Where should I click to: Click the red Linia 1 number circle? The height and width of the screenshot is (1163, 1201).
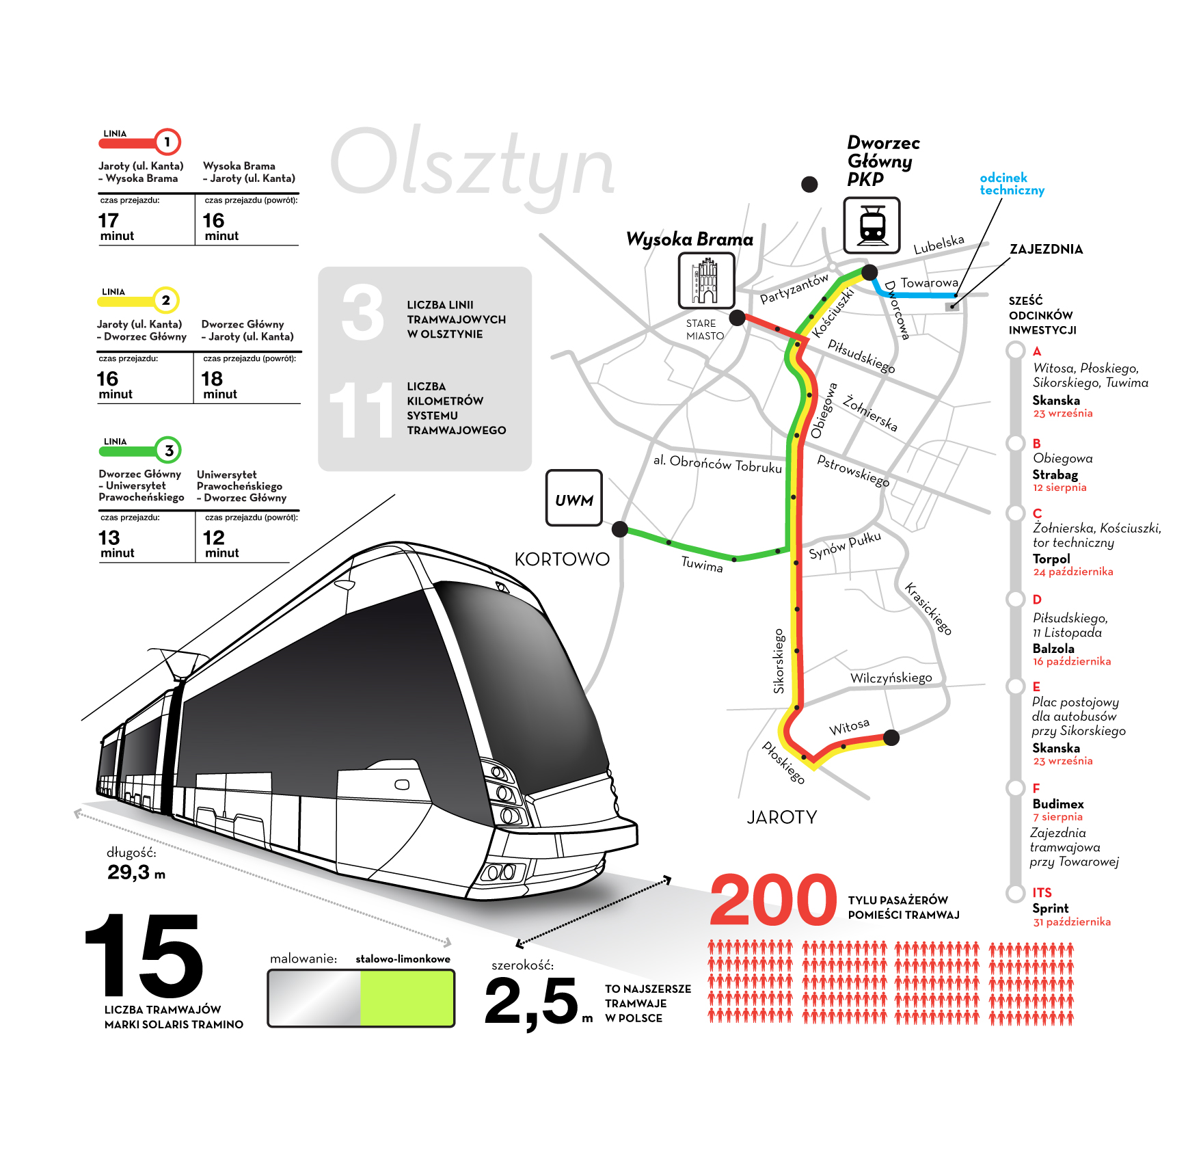pos(167,142)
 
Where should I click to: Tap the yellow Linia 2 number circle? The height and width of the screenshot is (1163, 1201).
pos(165,300)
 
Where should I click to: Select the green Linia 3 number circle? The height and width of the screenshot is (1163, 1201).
pos(168,450)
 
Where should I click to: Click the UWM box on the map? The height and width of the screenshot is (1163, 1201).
pos(573,498)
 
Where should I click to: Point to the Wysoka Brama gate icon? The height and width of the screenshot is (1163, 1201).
pos(706,280)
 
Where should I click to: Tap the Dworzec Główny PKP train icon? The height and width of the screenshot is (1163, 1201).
pos(872,225)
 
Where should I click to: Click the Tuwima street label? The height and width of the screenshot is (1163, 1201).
pos(702,564)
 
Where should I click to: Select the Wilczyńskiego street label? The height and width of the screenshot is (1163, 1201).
pos(891,678)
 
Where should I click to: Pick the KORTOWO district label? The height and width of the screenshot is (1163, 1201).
pos(562,559)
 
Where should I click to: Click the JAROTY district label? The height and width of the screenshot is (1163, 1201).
pos(781,817)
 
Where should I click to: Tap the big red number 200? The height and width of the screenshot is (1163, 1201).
pos(773,900)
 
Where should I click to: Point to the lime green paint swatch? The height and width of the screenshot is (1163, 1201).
pos(406,998)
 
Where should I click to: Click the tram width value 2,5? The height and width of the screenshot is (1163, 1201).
pos(532,1001)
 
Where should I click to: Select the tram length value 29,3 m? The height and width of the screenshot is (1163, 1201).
pos(136,872)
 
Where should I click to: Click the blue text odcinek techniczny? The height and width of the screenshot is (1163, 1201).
pos(1012,184)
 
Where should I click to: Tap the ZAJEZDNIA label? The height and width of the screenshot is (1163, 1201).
pos(1046,249)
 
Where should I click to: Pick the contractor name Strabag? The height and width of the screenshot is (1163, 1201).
pos(1055,474)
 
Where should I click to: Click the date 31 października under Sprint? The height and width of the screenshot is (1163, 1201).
pos(1071,922)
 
